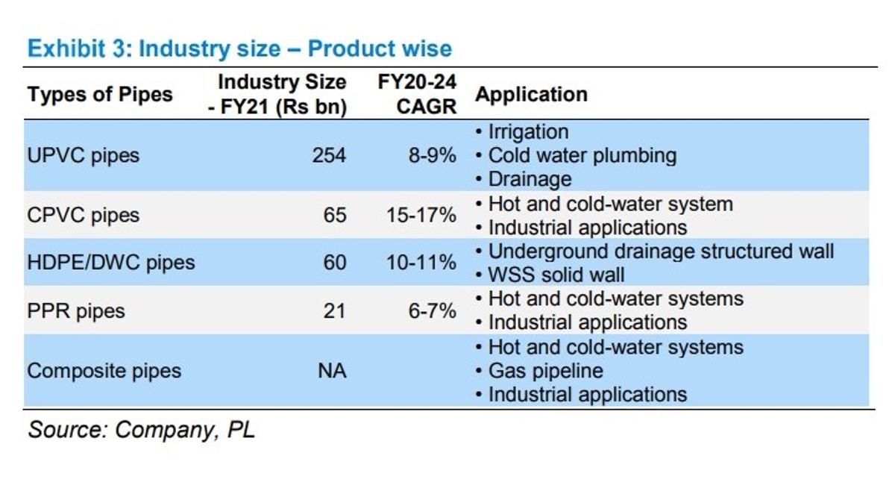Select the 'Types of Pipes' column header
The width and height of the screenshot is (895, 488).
pos(100,95)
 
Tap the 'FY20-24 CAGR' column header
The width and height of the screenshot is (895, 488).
pos(417,94)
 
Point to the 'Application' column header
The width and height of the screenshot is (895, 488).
pos(531,95)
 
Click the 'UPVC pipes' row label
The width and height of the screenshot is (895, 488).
pos(83,155)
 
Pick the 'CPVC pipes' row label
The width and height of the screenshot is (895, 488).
pos(83,216)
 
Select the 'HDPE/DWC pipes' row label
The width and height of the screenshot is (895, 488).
pos(111,263)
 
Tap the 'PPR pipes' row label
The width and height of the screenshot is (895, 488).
pos(76,311)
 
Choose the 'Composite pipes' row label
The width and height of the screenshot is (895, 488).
pos(104,371)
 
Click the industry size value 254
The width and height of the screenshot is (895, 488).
pos(329,155)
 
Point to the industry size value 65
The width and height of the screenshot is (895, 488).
pos(334,215)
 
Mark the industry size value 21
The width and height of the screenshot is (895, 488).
pos(334,310)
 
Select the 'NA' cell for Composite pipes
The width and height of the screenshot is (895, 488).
pos(332,371)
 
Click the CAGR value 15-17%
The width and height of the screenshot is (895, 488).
pos(421,215)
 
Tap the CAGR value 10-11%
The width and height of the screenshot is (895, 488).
pos(421,263)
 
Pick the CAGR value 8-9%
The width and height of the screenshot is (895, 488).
pos(433,155)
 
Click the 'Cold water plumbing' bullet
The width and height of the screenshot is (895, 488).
pos(576,155)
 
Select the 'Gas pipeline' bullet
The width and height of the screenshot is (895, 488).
pos(539,371)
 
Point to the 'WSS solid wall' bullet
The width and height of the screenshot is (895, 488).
pos(550,275)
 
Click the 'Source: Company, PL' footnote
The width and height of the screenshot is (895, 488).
pos(141,430)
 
